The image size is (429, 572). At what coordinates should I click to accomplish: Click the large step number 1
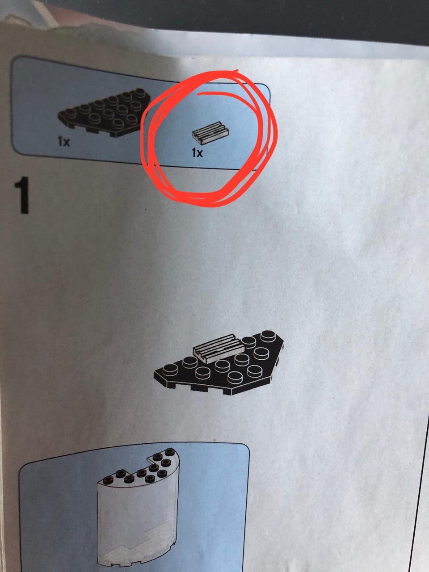[22, 195]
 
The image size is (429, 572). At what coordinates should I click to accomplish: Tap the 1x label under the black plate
[63, 142]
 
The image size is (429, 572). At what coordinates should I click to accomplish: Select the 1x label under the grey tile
[197, 152]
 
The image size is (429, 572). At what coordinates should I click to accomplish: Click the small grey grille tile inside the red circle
[210, 133]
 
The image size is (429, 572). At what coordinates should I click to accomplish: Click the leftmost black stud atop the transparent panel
[107, 480]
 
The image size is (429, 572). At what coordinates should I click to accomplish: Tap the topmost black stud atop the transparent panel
[170, 451]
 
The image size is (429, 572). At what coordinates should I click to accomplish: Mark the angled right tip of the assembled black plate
[283, 341]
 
